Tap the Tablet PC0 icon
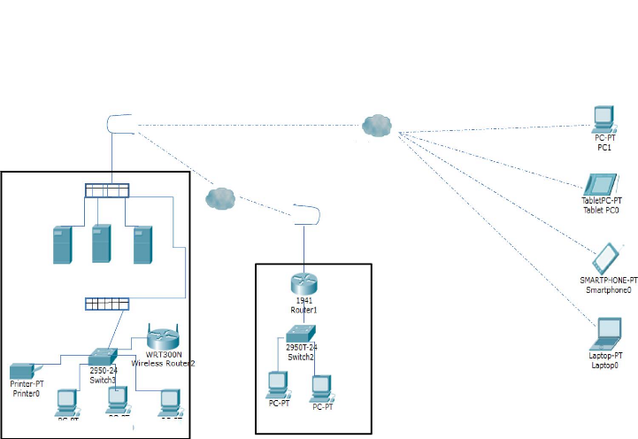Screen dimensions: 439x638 click(x=605, y=184)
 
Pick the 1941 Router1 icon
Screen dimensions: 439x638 click(x=304, y=283)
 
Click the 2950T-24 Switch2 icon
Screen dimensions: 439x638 click(x=301, y=335)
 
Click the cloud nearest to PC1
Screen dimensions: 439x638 click(x=377, y=126)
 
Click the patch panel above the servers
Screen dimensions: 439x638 click(x=107, y=189)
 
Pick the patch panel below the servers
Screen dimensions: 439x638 click(x=107, y=304)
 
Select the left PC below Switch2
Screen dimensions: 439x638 click(x=279, y=383)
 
